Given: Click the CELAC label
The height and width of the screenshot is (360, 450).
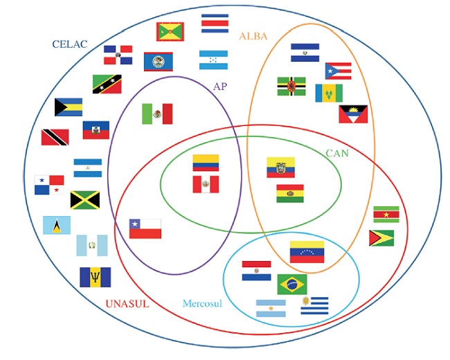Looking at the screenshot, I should click(71, 44).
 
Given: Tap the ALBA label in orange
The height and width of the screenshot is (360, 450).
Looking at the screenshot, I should click(253, 36).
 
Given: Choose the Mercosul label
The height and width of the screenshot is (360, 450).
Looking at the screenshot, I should click(202, 303).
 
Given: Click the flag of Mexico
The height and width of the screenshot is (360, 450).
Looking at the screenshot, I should click(157, 114).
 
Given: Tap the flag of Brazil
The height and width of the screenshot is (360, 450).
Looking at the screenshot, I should click(292, 284).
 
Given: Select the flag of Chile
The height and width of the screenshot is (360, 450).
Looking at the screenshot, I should click(145, 228).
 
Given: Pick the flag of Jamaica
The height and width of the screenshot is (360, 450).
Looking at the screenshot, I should click(84, 200).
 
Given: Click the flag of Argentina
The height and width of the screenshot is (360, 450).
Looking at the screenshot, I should click(271, 309).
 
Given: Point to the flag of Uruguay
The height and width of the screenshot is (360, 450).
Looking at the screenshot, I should click(315, 305).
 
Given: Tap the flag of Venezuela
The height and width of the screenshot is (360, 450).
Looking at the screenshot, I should click(307, 252).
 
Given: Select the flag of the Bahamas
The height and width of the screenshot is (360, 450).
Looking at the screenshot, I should click(69, 107).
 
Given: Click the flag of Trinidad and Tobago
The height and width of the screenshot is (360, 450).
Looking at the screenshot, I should click(55, 137).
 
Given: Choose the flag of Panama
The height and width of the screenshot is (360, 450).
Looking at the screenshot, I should click(49, 184).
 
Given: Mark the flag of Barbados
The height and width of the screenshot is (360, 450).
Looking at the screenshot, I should click(95, 277).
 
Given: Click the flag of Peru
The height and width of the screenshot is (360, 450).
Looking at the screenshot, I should click(206, 184).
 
